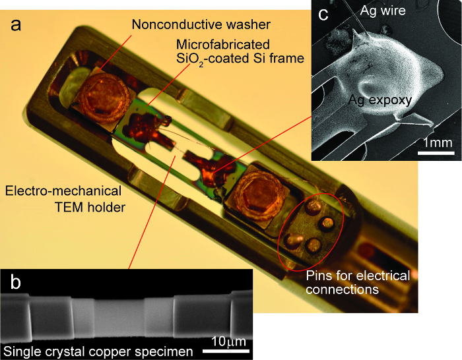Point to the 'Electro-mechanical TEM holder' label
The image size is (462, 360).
point(63,198)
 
